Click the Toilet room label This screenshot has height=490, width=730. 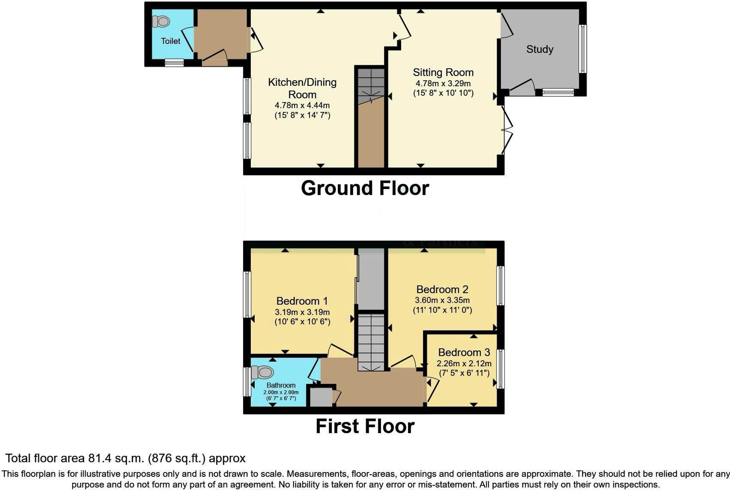(170, 41)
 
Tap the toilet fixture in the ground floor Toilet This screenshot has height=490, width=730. (161, 22)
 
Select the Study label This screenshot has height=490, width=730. (539, 49)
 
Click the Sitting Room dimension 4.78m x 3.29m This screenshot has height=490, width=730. (443, 83)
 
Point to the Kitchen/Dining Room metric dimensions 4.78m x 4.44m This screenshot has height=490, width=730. (302, 105)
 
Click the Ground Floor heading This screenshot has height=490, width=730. (365, 188)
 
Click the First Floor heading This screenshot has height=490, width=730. (365, 426)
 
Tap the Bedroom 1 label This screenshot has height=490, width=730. (302, 301)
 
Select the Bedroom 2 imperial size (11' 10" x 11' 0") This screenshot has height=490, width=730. (442, 310)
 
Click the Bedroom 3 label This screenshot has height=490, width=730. (464, 352)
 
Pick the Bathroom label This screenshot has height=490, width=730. (281, 385)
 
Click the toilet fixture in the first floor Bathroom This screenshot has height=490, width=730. (263, 373)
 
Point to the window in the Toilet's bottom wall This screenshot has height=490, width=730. (174, 63)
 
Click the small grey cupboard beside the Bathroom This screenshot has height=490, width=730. (321, 397)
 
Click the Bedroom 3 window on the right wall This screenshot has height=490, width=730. (501, 369)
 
